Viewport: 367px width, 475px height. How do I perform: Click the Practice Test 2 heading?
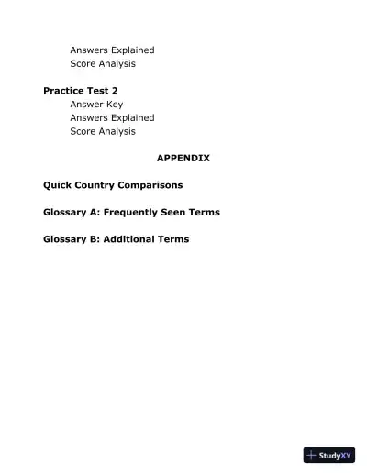click(81, 91)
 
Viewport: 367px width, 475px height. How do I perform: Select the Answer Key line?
click(96, 105)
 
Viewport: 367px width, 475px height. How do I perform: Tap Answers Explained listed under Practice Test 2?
click(112, 117)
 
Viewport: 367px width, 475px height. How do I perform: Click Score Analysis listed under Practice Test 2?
click(103, 131)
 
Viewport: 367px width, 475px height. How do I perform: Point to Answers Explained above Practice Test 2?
click(112, 50)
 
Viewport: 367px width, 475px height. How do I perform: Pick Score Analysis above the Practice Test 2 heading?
click(103, 63)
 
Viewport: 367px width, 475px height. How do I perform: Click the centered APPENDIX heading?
click(183, 158)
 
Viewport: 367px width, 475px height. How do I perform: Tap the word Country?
click(102, 185)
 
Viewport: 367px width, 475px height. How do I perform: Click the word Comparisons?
click(155, 185)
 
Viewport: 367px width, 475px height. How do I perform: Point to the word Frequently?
click(139, 212)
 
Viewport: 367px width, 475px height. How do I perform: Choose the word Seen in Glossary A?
click(183, 212)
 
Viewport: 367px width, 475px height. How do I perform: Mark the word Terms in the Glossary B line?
click(176, 239)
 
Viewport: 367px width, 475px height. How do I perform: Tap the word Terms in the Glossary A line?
click(207, 212)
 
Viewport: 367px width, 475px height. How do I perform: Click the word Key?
click(114, 105)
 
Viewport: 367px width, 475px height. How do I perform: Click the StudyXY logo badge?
click(329, 455)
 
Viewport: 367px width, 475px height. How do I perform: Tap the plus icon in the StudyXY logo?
click(311, 455)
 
